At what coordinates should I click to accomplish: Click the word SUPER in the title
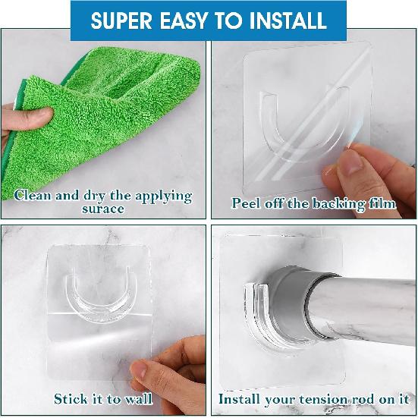pyautogui.click(x=122, y=20)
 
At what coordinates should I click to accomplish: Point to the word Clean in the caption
pyautogui.click(x=34, y=196)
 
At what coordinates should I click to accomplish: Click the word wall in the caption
pyautogui.click(x=137, y=398)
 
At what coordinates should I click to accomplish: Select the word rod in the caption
pyautogui.click(x=369, y=398)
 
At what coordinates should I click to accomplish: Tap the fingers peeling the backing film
pyautogui.click(x=360, y=167)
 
